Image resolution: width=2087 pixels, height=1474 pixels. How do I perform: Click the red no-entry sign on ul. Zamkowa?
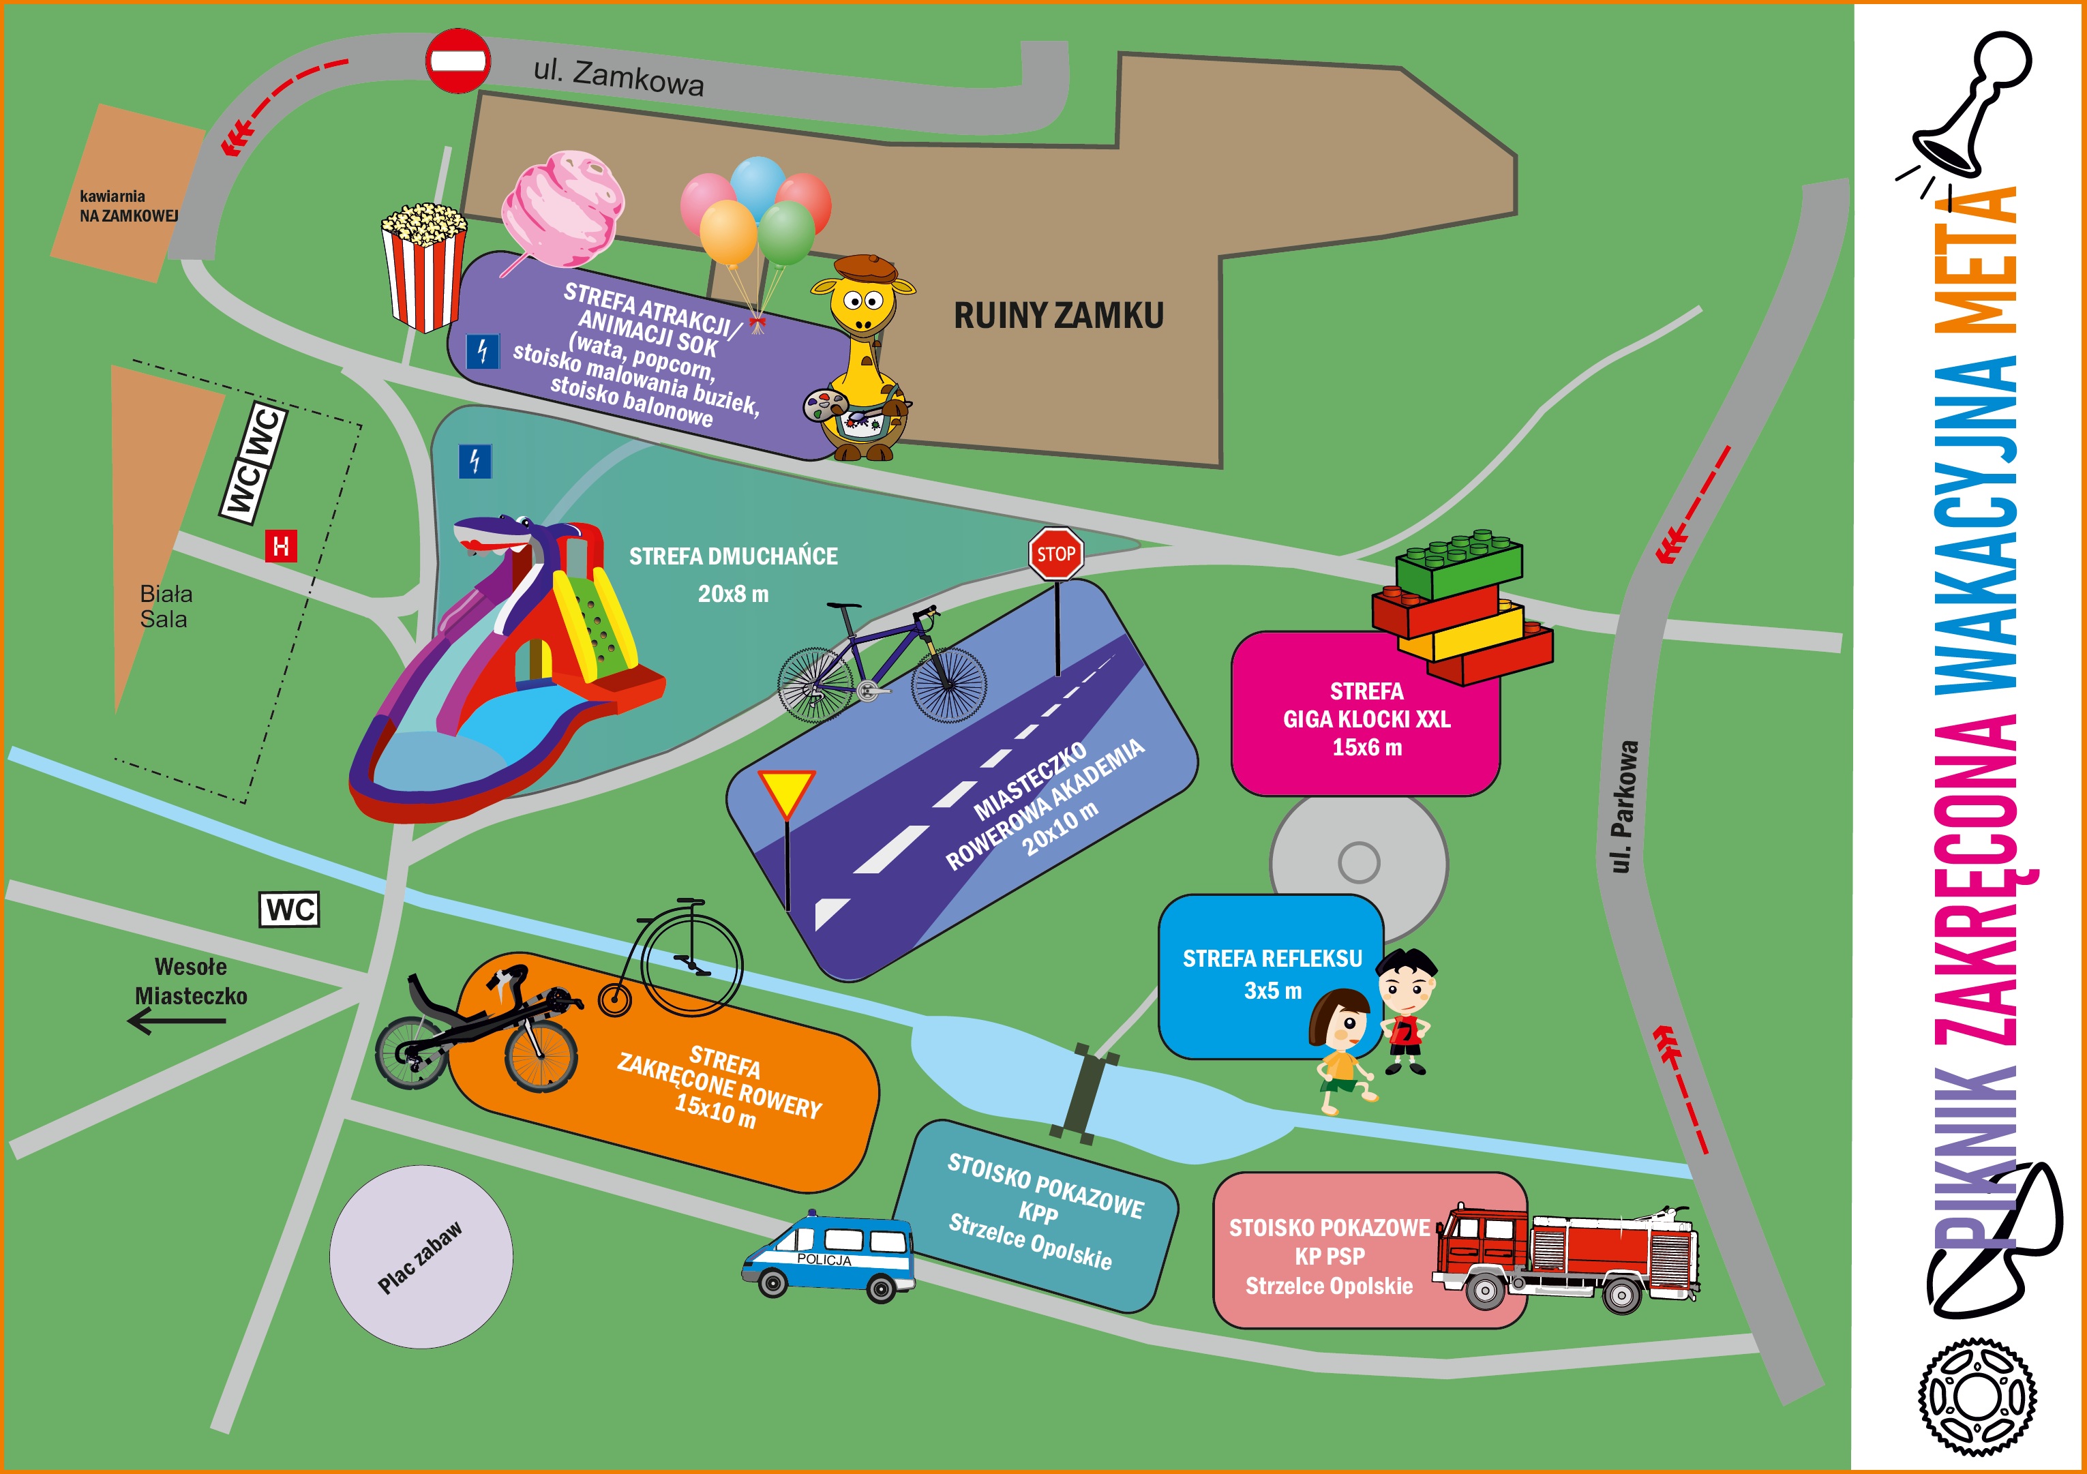tap(458, 61)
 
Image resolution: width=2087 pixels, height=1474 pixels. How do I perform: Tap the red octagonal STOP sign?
tap(1055, 554)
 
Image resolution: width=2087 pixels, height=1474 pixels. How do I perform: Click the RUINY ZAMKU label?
tap(1058, 316)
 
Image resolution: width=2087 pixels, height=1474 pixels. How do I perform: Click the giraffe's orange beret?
tap(865, 268)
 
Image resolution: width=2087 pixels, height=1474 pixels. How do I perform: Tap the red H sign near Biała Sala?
tap(281, 546)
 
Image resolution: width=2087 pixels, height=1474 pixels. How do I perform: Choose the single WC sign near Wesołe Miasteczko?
tap(290, 909)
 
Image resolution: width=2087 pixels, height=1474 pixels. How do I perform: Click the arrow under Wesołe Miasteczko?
tap(177, 1021)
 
